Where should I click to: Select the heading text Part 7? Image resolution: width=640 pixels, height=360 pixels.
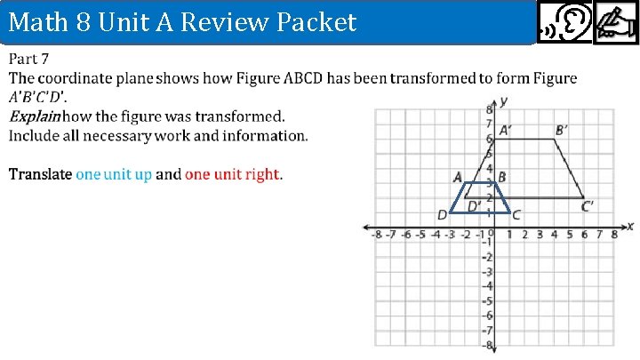[28, 60]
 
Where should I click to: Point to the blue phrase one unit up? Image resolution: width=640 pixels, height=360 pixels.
[114, 174]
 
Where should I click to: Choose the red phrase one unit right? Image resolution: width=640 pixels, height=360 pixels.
[233, 174]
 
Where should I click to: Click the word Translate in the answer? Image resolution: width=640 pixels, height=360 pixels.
[40, 174]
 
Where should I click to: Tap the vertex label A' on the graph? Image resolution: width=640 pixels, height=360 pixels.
[504, 130]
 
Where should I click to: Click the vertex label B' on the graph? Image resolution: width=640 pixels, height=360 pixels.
[562, 130]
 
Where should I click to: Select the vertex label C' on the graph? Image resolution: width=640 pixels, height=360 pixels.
[588, 206]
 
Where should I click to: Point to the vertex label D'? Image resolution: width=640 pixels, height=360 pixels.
[475, 206]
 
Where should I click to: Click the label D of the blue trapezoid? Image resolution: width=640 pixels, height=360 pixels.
[442, 214]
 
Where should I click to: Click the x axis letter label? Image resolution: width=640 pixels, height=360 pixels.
[629, 226]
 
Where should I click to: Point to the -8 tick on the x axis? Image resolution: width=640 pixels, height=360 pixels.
[377, 236]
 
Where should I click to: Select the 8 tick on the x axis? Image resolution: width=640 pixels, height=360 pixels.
[613, 236]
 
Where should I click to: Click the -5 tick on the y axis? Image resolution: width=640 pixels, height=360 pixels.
[486, 300]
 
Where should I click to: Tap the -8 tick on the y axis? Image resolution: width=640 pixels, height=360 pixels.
[486, 344]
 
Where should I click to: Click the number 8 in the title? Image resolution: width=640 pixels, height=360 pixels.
[89, 21]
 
